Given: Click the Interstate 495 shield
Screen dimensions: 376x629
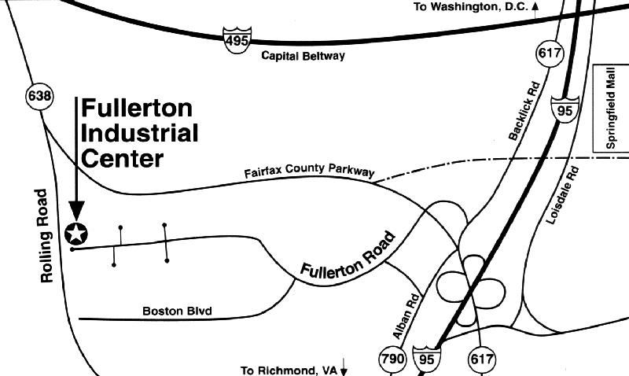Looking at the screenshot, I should tap(235, 39).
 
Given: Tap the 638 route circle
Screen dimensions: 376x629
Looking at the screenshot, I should tap(39, 98).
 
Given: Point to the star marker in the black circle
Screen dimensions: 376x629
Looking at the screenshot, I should tap(76, 233).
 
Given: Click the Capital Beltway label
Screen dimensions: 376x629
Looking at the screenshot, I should tap(302, 56).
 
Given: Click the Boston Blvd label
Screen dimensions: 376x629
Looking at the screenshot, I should tap(178, 311).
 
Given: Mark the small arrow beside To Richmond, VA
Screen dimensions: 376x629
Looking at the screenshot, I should tap(344, 369).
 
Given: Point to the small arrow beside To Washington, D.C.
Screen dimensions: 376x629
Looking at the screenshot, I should tap(535, 6).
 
